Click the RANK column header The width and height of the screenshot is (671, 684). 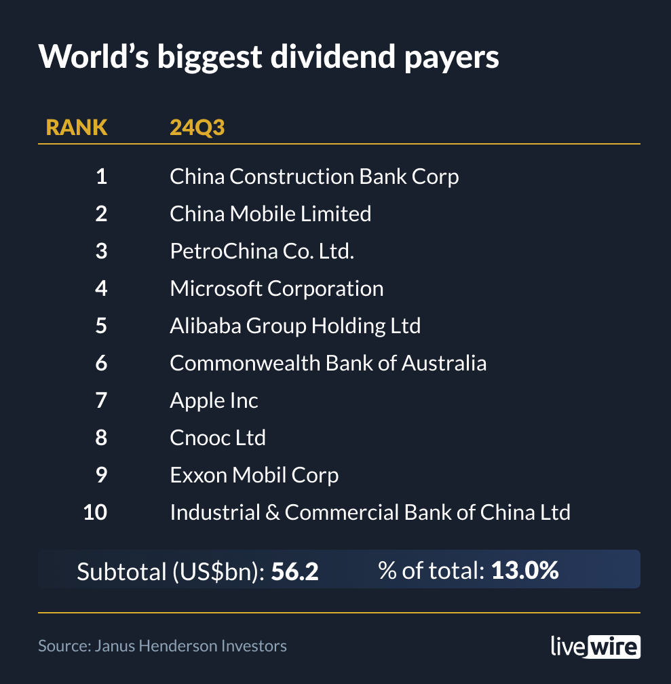coord(76,127)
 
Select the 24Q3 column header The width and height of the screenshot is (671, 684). coord(197,127)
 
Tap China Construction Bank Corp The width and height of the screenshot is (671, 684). coord(314,176)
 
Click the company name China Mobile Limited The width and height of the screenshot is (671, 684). coord(270,214)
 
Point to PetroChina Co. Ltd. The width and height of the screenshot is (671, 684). coord(262,251)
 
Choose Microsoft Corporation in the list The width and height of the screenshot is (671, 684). coord(276,288)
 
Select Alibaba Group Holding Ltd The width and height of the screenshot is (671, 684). coord(295,326)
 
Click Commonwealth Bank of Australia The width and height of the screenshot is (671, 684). coord(328,363)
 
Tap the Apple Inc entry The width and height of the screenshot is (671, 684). coord(214,400)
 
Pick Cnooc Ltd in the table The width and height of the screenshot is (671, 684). coord(217,438)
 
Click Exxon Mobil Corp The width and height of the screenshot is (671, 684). coord(254,475)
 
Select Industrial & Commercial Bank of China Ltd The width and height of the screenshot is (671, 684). coord(370,512)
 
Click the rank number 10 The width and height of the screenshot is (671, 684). coord(95,512)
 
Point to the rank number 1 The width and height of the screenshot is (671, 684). coord(101,176)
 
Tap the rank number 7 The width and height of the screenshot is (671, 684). coord(101,400)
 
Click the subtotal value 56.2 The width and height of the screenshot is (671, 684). coord(294,571)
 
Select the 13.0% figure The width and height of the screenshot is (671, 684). coord(524,571)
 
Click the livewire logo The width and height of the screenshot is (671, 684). coord(595,645)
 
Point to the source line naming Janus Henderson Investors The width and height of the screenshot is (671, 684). coord(162,645)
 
